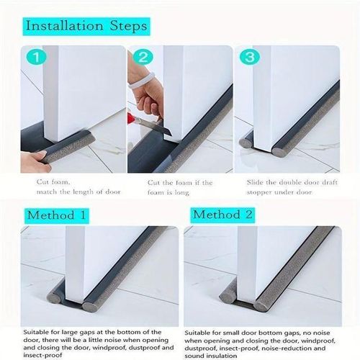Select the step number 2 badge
click(x=143, y=58)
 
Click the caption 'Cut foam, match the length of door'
click(x=68, y=186)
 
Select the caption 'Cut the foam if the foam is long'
click(x=176, y=186)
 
